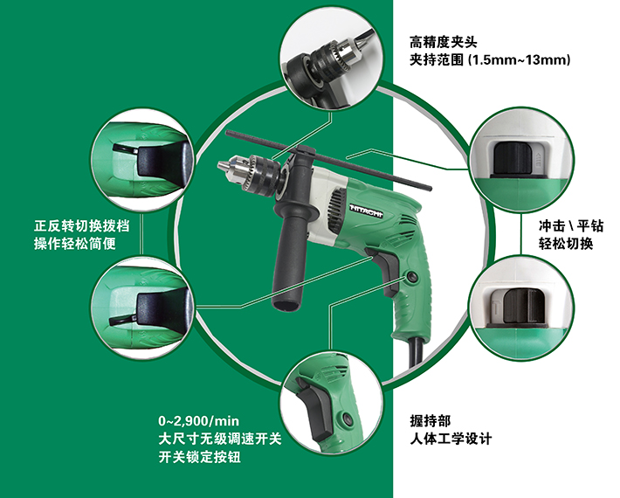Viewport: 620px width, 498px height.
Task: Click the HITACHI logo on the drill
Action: tap(366, 211)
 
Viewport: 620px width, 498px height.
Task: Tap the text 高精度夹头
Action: tap(444, 42)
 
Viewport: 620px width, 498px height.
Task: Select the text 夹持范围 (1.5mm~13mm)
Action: tap(490, 60)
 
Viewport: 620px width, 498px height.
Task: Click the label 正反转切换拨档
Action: tap(81, 226)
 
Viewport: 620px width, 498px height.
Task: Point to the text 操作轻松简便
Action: tap(75, 244)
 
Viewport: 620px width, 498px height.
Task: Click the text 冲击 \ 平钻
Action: tap(571, 226)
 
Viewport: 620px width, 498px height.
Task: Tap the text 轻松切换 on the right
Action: tap(566, 244)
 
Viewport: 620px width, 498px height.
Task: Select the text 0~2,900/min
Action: tap(198, 421)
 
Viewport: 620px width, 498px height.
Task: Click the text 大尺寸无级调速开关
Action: tap(220, 439)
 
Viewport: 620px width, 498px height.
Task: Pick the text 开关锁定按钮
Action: tap(199, 457)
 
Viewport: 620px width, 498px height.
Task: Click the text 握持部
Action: tap(431, 421)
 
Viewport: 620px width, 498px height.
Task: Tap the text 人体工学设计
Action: tap(451, 439)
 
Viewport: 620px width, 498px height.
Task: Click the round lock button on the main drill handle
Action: tap(412, 276)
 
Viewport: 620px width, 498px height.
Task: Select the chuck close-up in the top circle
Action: tap(331, 59)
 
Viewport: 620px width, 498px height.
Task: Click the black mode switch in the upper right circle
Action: tap(513, 159)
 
